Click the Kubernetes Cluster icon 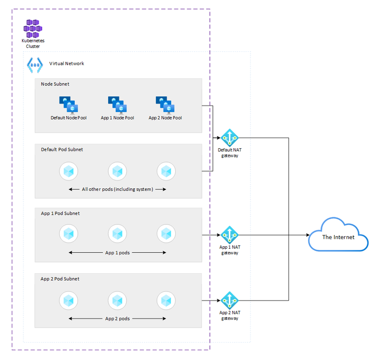33,28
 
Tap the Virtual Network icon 35,64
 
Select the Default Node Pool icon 68,105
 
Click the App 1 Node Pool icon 117,105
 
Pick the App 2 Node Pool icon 165,105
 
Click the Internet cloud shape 338,235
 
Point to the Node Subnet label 55,84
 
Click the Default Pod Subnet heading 62,149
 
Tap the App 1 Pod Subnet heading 60,213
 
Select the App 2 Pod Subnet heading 60,279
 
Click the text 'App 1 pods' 117,252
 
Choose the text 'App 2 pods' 117,319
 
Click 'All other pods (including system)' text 117,189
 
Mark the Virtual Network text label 67,63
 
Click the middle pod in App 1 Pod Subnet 117,234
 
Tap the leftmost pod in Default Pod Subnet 69,171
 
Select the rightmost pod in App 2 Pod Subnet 166,301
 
